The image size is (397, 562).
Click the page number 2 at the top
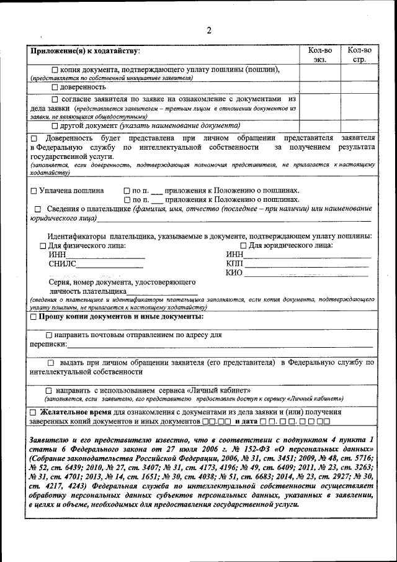209,30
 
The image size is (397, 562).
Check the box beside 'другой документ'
55,125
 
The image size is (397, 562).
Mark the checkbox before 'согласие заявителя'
55,99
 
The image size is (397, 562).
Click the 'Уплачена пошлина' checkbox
33,191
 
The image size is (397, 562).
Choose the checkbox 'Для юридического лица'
243,246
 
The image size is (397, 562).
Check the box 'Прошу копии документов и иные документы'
33,317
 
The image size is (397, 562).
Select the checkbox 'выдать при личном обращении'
51,362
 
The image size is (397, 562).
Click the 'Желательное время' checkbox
33,412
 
